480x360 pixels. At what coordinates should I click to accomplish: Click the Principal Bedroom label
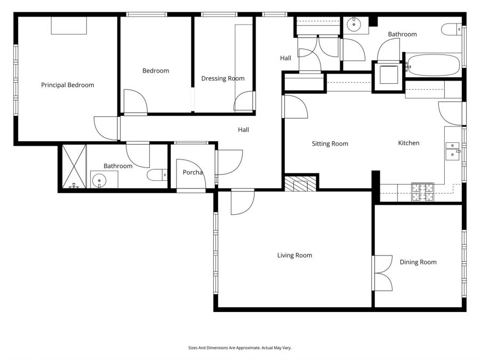[67, 85]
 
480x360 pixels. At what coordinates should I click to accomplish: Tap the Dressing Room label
[222, 78]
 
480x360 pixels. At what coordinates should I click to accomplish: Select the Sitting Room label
[330, 143]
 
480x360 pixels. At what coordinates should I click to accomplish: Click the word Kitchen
[409, 143]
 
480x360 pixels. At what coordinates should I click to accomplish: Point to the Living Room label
[294, 255]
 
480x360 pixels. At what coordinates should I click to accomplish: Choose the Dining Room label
[418, 262]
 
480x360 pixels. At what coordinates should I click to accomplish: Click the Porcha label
[191, 172]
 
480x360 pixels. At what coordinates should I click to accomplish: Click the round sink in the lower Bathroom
[99, 181]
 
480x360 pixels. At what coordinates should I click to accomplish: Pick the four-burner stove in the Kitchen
[422, 192]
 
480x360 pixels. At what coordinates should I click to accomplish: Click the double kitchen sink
[452, 150]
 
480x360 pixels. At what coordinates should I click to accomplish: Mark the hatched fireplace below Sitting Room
[301, 185]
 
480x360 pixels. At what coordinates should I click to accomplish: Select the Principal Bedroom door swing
[107, 128]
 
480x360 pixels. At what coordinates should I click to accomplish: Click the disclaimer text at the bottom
[239, 348]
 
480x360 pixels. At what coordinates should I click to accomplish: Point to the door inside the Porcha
[189, 174]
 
